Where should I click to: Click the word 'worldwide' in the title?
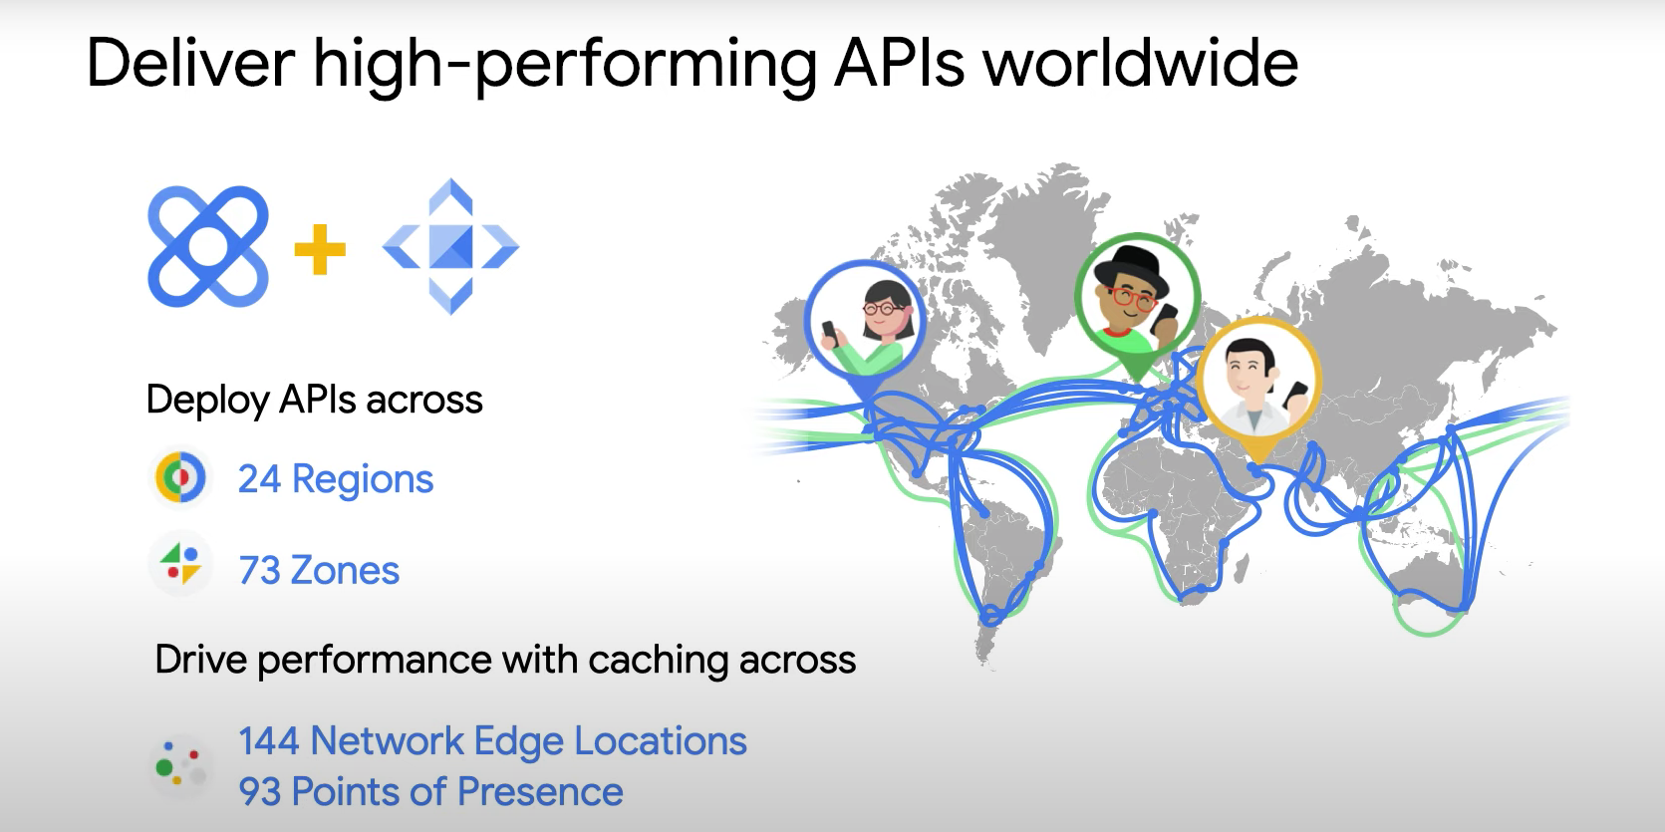(1140, 64)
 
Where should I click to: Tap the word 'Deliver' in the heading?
(190, 64)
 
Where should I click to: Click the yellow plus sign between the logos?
(320, 249)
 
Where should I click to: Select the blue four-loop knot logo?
(208, 246)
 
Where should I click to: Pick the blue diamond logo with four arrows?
(450, 246)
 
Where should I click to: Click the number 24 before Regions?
(259, 479)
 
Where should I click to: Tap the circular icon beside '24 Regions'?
(180, 478)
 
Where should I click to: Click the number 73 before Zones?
(259, 571)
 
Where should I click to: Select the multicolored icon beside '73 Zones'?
(180, 564)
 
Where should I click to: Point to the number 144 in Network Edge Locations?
(268, 741)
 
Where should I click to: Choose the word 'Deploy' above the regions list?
(207, 401)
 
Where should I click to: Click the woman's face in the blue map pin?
(883, 309)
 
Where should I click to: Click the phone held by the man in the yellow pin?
(1295, 393)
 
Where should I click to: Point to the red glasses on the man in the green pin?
(1129, 296)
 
